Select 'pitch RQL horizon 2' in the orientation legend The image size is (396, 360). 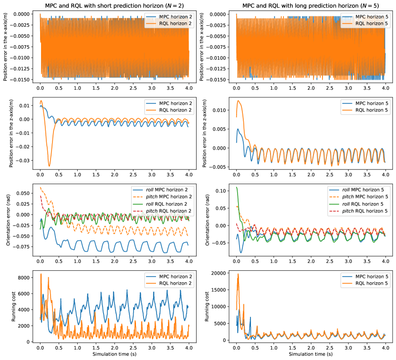point(164,211)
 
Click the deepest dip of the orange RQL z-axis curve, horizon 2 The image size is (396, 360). point(49,166)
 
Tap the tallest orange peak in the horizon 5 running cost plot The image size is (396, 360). point(238,274)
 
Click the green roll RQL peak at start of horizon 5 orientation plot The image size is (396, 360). point(237,187)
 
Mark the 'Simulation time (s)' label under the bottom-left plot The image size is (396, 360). point(114,355)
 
